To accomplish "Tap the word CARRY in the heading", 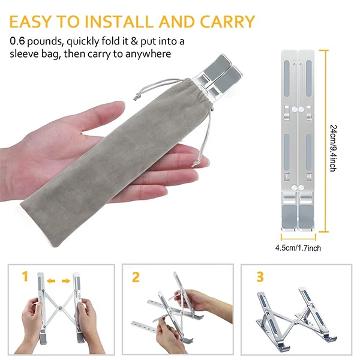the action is pos(227,22).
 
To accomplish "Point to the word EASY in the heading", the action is pos(30,22).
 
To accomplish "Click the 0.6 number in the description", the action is pos(17,41).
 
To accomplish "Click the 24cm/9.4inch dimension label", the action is pos(333,148).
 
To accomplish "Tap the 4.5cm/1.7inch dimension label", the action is pos(298,248).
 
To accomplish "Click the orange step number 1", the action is pos(25,276).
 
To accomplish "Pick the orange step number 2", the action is pos(136,277).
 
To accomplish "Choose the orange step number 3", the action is pos(260,277).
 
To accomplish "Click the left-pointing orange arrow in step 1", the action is pos(51,281).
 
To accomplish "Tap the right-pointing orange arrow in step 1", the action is pos(66,281).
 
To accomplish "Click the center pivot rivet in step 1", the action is pos(61,308).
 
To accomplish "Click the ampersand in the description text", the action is pos(134,41).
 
